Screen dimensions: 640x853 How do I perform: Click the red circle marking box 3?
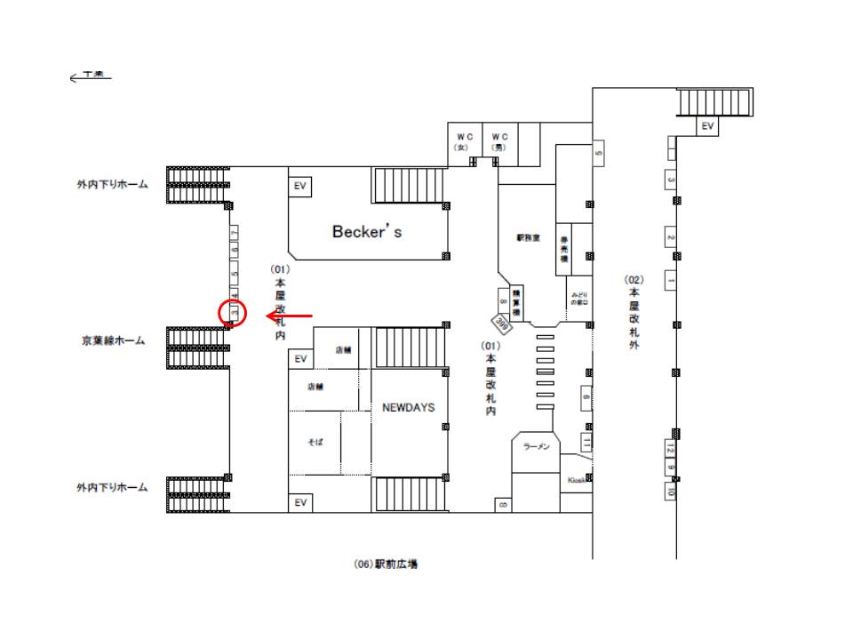(x=232, y=314)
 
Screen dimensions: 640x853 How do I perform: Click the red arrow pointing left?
(x=289, y=315)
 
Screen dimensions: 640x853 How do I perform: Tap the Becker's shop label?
(x=367, y=231)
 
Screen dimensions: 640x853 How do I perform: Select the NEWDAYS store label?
(x=408, y=407)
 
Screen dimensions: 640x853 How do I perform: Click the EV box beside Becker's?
(x=300, y=186)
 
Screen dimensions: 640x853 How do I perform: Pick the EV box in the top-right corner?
(x=707, y=126)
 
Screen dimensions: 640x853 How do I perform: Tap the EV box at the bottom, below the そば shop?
(x=300, y=503)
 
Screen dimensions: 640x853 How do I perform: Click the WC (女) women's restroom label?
(x=464, y=141)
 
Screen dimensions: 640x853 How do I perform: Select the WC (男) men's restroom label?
(x=499, y=141)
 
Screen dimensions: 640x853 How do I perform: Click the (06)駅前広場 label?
(x=386, y=564)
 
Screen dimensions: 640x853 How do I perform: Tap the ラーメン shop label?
(x=537, y=446)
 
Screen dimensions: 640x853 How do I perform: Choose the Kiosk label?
(x=576, y=480)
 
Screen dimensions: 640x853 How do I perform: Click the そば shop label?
(x=315, y=441)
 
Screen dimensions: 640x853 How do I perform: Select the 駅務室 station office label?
(x=528, y=237)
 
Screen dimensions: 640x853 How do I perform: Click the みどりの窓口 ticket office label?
(x=580, y=298)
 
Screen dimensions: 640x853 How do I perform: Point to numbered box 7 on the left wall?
(x=235, y=233)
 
